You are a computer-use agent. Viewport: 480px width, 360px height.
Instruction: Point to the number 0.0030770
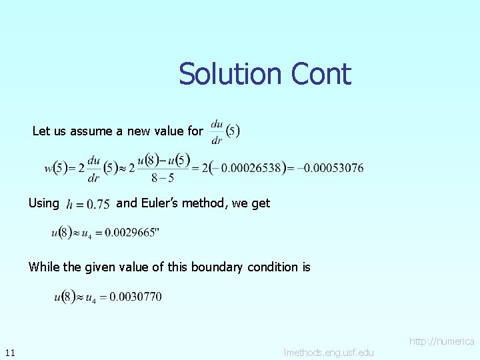[136, 297]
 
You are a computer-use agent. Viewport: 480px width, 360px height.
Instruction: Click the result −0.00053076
[331, 168]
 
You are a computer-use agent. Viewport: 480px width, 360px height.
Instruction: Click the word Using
[43, 203]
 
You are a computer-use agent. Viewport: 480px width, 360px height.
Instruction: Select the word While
[44, 267]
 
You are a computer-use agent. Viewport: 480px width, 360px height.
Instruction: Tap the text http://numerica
[441, 341]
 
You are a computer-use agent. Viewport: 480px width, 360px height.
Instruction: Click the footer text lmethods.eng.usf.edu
[329, 352]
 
